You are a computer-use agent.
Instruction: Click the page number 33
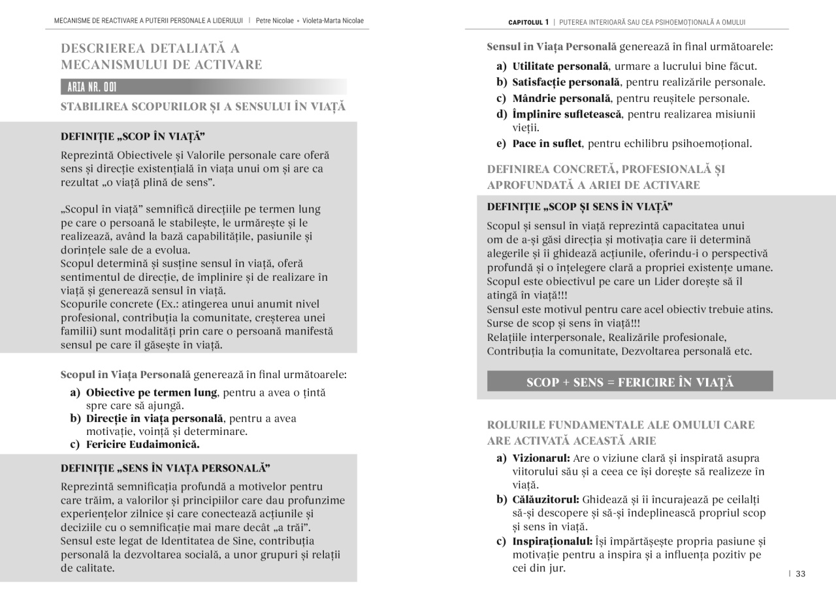point(800,574)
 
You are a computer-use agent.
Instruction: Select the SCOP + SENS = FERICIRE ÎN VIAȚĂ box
point(630,382)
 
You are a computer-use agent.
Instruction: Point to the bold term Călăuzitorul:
point(545,500)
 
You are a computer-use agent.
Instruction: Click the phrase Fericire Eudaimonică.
point(142,445)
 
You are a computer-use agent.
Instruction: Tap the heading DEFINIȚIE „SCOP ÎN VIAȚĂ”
point(133,137)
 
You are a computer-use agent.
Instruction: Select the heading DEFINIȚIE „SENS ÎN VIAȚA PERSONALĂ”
point(165,468)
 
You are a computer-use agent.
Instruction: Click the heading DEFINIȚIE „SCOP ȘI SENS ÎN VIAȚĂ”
point(580,207)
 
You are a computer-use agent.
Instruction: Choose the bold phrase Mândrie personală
point(562,99)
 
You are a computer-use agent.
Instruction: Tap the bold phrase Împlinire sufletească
point(567,115)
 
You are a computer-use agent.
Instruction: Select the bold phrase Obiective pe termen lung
point(152,393)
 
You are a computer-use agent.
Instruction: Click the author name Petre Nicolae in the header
point(274,21)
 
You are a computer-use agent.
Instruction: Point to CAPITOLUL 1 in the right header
point(528,22)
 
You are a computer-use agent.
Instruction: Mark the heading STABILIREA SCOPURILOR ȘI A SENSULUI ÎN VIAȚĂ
point(203,107)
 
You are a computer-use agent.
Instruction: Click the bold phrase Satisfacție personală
point(566,82)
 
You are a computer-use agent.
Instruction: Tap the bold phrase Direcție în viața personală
point(155,419)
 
